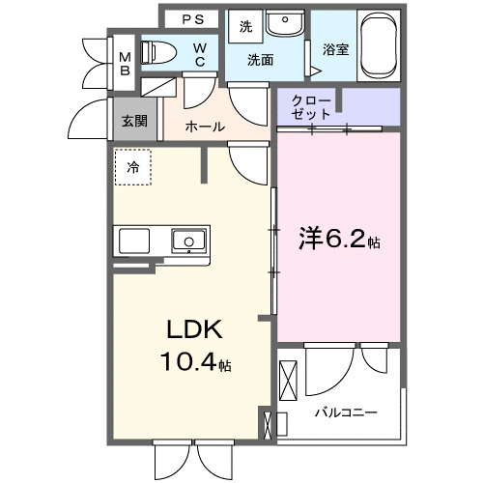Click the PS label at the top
192,19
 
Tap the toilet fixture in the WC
159,54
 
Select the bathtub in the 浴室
378,47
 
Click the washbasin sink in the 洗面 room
284,25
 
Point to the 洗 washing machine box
245,26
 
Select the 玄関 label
134,121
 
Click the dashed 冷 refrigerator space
133,167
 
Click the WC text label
199,54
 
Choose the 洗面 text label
260,60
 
